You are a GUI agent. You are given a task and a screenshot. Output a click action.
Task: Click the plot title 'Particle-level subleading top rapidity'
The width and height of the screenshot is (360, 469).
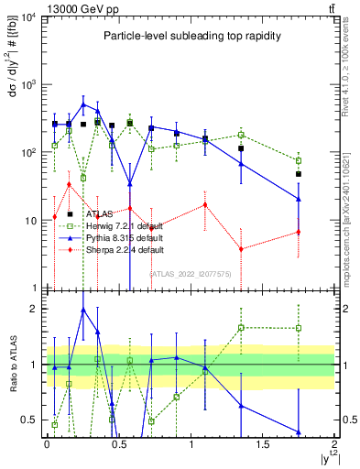[189, 36]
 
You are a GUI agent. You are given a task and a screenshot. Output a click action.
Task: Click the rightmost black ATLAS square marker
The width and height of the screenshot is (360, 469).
[299, 174]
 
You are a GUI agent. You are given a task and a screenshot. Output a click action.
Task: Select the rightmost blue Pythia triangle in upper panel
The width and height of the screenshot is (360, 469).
[299, 199]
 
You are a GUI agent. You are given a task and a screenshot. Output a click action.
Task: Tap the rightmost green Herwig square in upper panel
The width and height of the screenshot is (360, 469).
[299, 160]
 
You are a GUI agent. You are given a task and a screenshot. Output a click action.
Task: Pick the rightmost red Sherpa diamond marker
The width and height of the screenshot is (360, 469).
[299, 232]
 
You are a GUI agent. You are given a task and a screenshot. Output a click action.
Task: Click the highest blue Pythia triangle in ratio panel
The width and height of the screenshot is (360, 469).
[83, 310]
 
